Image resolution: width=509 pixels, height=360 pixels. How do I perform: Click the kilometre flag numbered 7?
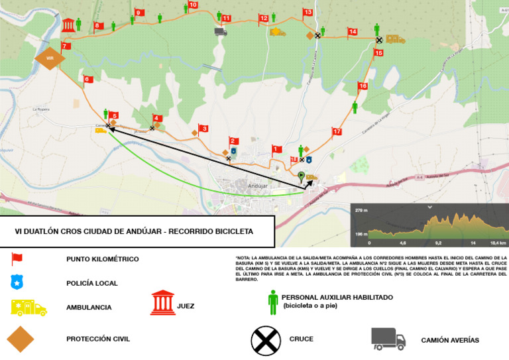pos(66,46)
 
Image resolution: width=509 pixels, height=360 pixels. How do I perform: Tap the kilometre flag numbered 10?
pos(192,5)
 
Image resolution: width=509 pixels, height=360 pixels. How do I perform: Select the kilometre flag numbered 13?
pos(308,13)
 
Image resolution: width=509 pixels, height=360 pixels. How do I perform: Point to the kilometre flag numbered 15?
pos(378,53)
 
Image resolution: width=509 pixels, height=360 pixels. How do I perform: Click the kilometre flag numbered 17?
pos(337,132)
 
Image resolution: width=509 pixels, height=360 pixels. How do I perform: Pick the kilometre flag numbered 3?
pos(203,129)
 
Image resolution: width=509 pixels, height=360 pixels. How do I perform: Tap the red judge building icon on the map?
pos(68,26)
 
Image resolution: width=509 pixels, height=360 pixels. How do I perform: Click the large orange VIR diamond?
pos(49,58)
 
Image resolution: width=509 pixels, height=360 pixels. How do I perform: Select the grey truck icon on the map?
pos(221,31)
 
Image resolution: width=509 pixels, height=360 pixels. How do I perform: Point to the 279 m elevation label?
pos(361,211)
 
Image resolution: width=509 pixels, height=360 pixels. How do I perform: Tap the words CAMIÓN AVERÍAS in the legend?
pos(450,340)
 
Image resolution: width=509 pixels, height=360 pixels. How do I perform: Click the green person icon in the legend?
pos(273,302)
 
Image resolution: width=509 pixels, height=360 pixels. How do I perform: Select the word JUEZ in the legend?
pos(186,306)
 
